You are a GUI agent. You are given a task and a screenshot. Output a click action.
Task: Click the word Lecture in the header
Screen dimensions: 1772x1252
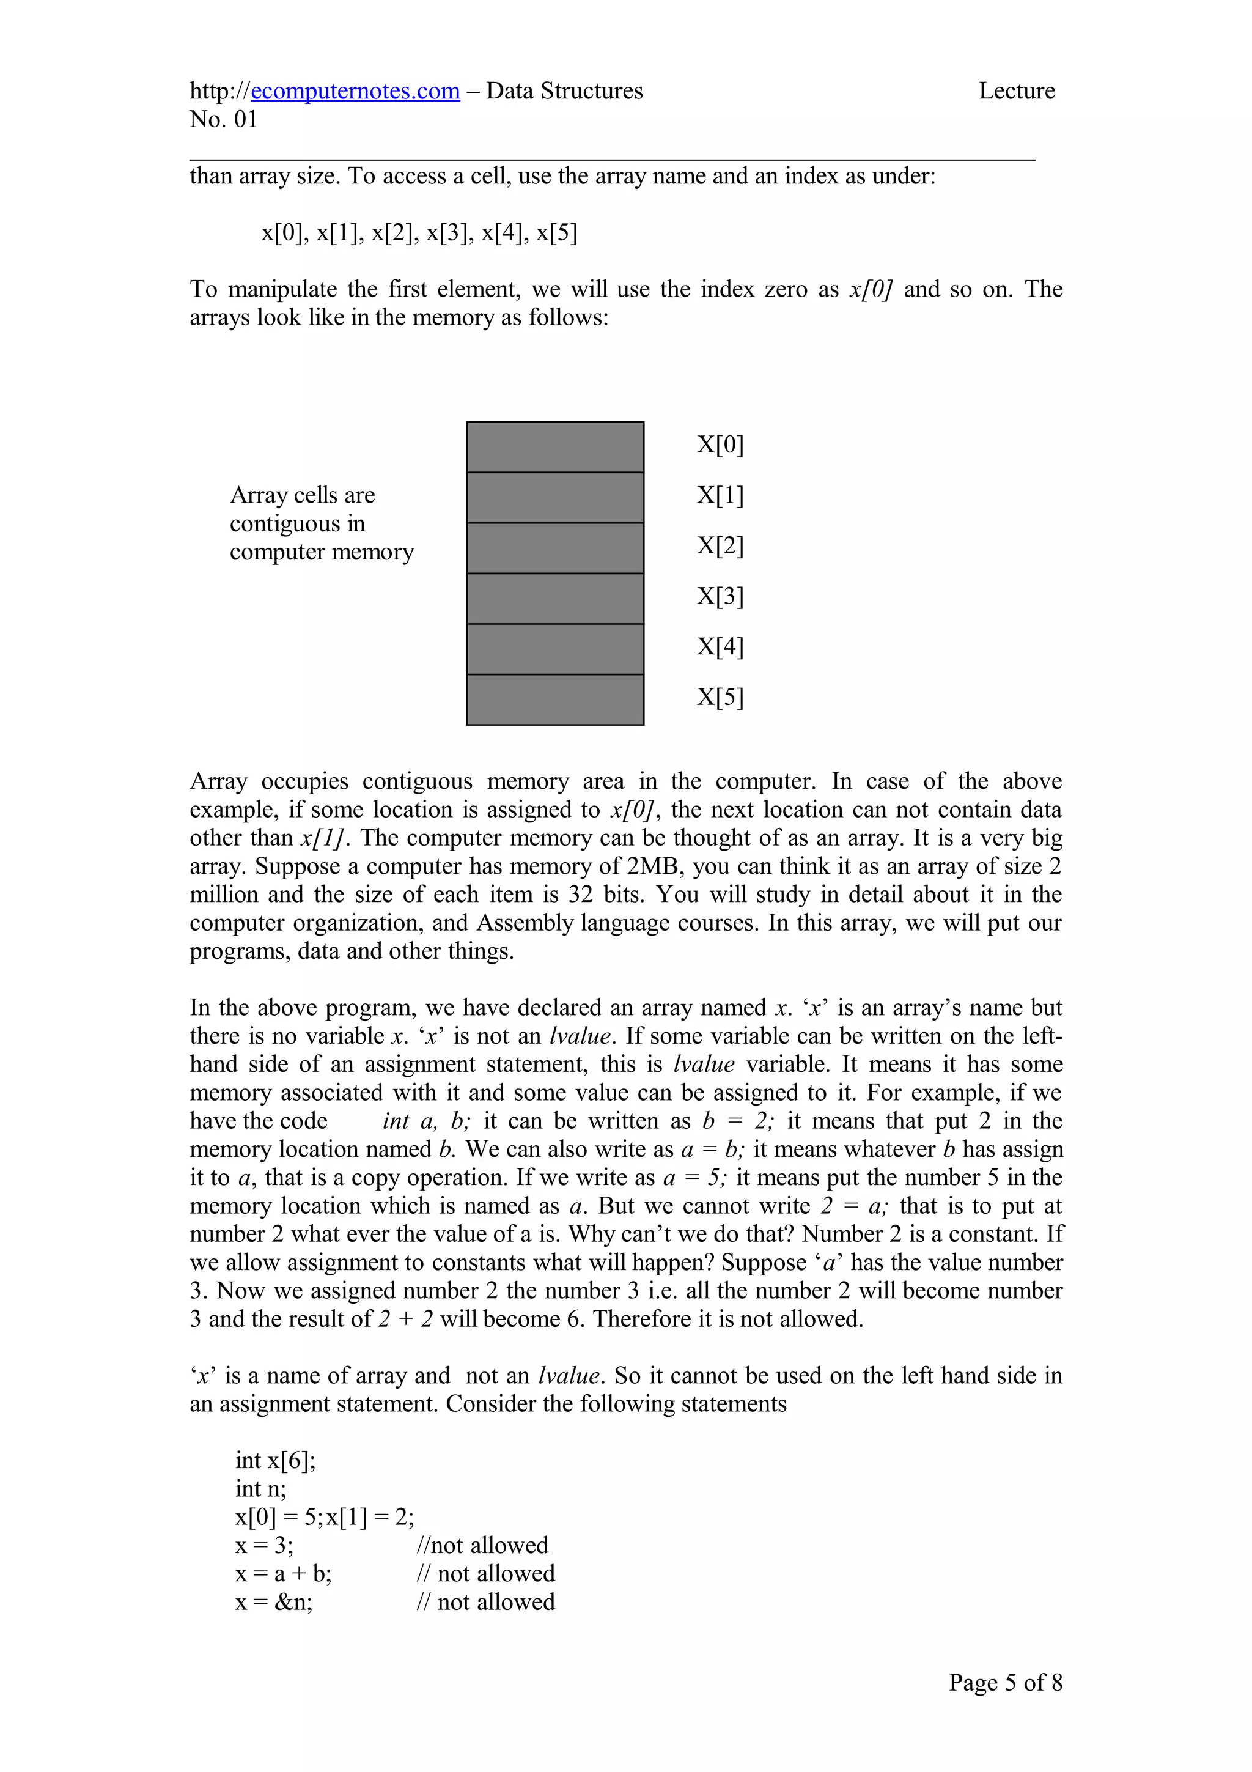coord(1016,91)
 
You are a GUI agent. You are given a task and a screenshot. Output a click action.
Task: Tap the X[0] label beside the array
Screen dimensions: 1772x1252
coord(720,445)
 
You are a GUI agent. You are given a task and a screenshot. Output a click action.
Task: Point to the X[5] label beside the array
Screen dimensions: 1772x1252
coord(720,697)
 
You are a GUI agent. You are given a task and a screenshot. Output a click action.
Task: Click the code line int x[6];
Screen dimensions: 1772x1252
coord(275,1460)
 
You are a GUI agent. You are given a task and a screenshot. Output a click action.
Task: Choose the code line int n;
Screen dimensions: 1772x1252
coord(261,1489)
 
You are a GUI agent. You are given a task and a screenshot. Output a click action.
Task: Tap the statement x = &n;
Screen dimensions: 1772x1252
coord(274,1602)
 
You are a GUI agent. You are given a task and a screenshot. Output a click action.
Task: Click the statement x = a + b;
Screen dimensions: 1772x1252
coord(283,1574)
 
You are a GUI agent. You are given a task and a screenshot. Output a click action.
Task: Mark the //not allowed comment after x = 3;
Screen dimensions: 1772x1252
coord(482,1545)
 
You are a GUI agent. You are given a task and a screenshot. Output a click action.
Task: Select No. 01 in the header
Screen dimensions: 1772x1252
coord(223,120)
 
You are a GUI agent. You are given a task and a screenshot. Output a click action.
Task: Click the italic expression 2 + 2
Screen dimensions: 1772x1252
coord(405,1319)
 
